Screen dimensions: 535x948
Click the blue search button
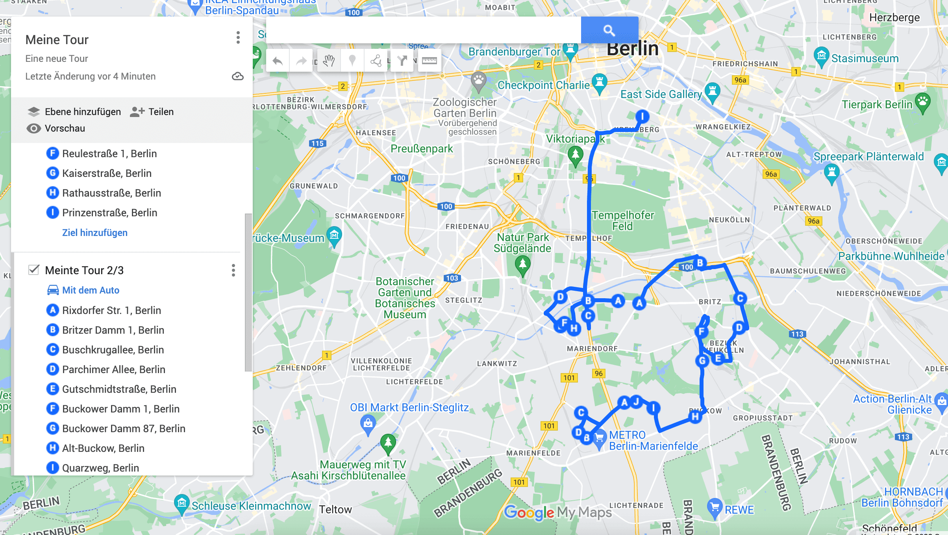(x=609, y=30)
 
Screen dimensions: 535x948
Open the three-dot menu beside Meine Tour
(x=238, y=38)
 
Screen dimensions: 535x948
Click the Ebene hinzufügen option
(x=74, y=112)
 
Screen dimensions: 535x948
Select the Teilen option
(x=152, y=112)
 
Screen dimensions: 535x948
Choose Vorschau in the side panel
(x=56, y=128)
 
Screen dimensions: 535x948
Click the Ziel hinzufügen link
(x=94, y=233)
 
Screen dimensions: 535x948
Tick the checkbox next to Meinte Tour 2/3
(x=34, y=270)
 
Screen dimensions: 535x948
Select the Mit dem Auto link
(x=90, y=290)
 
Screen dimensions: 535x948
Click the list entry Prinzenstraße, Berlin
(x=109, y=213)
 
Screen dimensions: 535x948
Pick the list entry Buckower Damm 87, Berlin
(x=123, y=429)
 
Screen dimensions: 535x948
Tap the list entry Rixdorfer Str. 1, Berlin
(x=111, y=310)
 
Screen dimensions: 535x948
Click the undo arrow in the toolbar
(x=278, y=61)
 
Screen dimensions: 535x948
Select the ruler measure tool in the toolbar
(x=429, y=61)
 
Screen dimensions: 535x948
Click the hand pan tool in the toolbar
(x=329, y=61)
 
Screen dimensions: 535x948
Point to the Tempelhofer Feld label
(x=622, y=221)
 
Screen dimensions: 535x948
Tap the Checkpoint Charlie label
(x=543, y=85)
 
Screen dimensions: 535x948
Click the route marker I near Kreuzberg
(x=642, y=117)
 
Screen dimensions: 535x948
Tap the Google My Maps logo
(x=557, y=512)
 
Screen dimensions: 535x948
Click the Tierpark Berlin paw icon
(x=922, y=102)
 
